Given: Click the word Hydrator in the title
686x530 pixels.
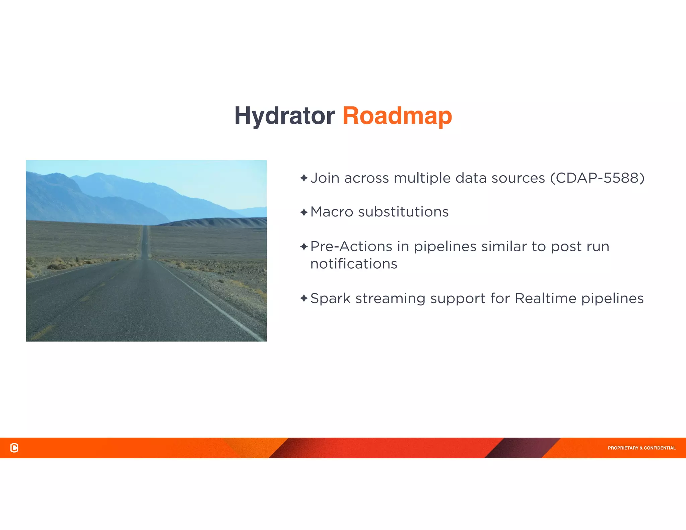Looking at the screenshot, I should (x=284, y=116).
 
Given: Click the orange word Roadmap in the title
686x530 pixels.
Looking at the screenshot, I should (x=397, y=116).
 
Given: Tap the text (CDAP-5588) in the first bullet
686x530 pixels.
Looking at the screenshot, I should (x=597, y=178).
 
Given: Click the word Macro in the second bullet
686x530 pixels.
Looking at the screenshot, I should (x=332, y=212).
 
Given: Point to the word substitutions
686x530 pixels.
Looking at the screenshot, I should (x=403, y=212).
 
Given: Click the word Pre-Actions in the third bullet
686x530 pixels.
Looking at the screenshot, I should (x=351, y=247).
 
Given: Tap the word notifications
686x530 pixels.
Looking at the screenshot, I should (x=354, y=264).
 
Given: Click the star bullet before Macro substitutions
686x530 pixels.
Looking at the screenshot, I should (x=304, y=212).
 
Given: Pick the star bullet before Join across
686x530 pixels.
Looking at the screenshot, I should (x=304, y=178).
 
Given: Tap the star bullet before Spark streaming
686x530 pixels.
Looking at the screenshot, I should (x=304, y=298).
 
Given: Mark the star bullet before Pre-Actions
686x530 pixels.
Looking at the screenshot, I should (x=304, y=247).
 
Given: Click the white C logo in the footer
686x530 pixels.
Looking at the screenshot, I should (x=14, y=448).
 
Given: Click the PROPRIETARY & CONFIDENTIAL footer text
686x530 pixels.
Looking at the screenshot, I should (x=641, y=448).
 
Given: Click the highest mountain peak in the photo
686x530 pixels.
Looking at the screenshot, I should (x=98, y=174).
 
